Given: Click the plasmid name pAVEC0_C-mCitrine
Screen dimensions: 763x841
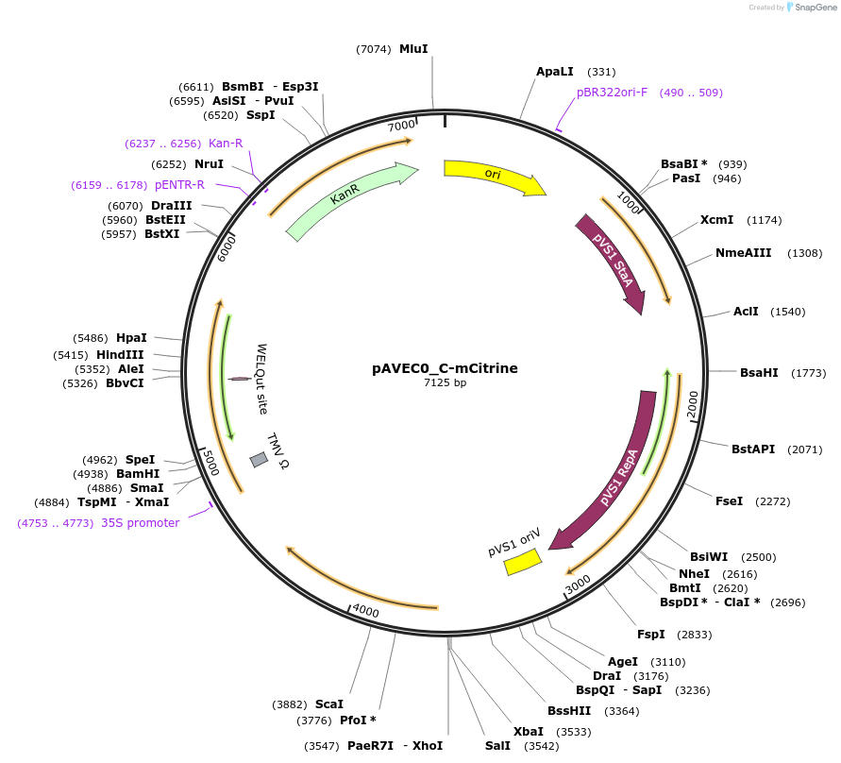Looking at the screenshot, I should coord(445,368).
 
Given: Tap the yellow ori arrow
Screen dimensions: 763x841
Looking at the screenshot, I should coord(494,176).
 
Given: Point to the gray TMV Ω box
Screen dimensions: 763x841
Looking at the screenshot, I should coord(259,460).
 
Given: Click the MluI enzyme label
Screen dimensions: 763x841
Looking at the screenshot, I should coord(413,48).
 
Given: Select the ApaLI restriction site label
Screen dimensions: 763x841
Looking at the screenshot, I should coord(555,72).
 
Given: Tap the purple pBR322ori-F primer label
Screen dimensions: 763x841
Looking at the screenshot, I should coord(612,93).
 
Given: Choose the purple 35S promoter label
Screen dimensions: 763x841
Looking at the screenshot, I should coord(140,523).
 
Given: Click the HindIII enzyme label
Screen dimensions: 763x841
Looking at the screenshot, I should coord(120,354).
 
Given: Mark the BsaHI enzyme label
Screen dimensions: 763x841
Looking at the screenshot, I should coord(759,373).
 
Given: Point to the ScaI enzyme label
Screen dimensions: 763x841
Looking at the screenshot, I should coord(329,704).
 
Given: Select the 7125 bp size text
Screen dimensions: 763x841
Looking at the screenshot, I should coord(445,383).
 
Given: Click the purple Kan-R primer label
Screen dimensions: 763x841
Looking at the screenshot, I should coord(226,144).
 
